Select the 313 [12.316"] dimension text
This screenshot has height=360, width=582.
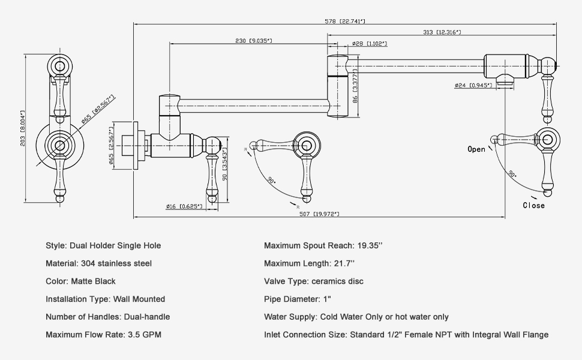tap(440, 32)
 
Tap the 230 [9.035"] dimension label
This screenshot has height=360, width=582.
tap(253, 41)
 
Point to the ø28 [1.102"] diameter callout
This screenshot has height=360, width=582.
tap(368, 44)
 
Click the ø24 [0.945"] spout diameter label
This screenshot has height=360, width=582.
tap(473, 85)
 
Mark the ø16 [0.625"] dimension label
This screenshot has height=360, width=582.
tap(184, 206)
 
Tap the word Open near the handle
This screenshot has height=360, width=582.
tap(476, 149)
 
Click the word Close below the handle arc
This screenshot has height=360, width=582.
tap(533, 205)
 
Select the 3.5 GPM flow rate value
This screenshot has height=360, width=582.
tap(144, 334)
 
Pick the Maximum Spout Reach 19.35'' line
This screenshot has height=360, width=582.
tap(323, 245)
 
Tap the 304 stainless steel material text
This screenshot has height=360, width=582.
tap(115, 263)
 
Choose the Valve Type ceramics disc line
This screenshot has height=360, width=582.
tap(313, 281)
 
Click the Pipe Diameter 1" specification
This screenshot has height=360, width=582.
tap(298, 299)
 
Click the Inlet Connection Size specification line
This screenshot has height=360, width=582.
tap(406, 334)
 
